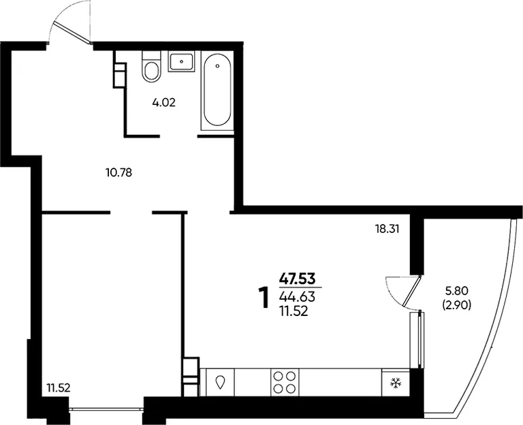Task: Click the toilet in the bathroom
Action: (151, 66)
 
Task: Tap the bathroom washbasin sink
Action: (181, 62)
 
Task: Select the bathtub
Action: (217, 90)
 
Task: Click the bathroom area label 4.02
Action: (163, 102)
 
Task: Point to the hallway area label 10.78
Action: (118, 173)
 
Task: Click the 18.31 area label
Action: (387, 229)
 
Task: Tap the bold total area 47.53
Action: (297, 279)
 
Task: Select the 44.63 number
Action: (297, 296)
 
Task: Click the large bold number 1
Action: (264, 298)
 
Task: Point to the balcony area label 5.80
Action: (457, 291)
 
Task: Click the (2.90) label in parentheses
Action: (457, 305)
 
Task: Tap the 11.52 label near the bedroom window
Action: (59, 388)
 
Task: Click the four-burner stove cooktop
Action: (285, 382)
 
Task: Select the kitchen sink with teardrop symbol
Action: (220, 382)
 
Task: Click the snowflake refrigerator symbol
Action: (396, 383)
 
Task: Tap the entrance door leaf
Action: (72, 33)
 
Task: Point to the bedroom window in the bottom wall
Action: (106, 408)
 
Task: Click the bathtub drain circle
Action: (217, 66)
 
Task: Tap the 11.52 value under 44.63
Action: (294, 311)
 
